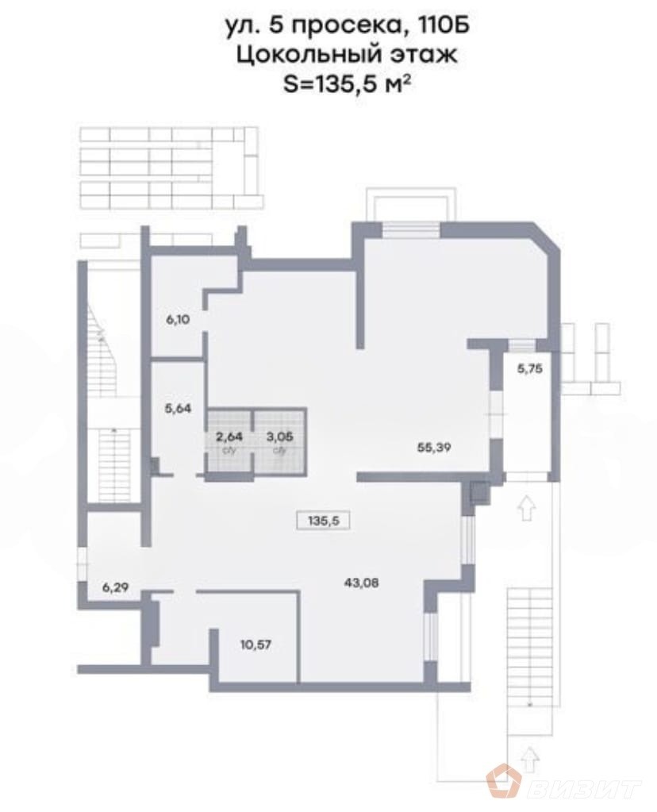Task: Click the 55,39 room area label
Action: (x=432, y=447)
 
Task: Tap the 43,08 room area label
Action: (x=362, y=583)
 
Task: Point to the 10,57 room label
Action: (x=255, y=644)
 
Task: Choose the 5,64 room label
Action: (x=178, y=410)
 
